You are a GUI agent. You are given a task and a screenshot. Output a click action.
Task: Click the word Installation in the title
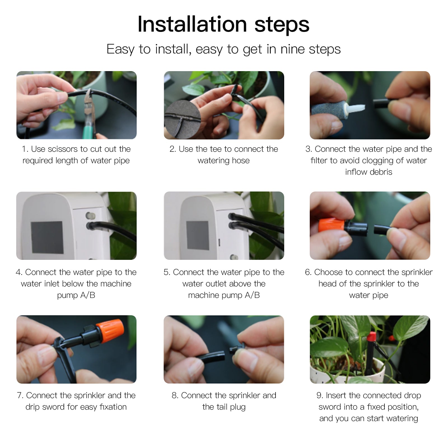tap(192, 25)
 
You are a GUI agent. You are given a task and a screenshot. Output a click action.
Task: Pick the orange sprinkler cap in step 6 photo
tap(332, 226)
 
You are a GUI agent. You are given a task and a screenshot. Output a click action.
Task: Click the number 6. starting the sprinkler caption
tap(308, 272)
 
